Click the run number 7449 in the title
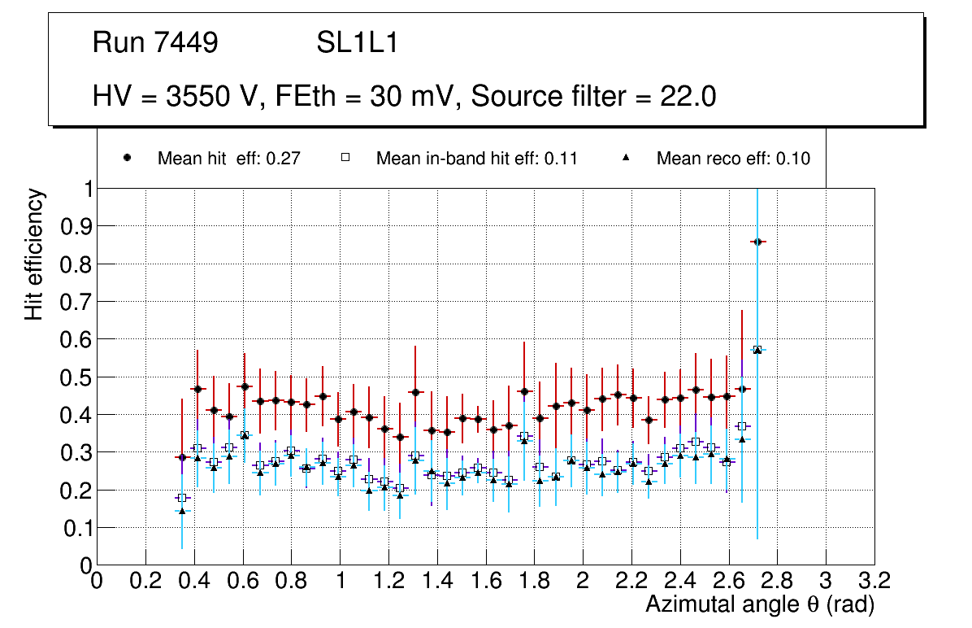click(x=189, y=43)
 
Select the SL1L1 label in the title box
click(x=357, y=43)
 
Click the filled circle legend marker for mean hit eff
click(x=128, y=159)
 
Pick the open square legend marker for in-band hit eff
click(x=345, y=159)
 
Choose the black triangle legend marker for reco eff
click(x=627, y=159)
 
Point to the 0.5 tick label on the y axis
click(x=76, y=377)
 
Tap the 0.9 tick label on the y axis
click(x=76, y=226)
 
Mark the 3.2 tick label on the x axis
click(x=874, y=582)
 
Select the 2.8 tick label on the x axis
click(x=777, y=582)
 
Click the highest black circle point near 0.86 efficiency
click(x=757, y=242)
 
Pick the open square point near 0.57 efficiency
click(x=757, y=350)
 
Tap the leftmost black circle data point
click(x=182, y=457)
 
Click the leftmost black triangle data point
click(x=182, y=511)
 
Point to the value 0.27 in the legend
click(x=285, y=159)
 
